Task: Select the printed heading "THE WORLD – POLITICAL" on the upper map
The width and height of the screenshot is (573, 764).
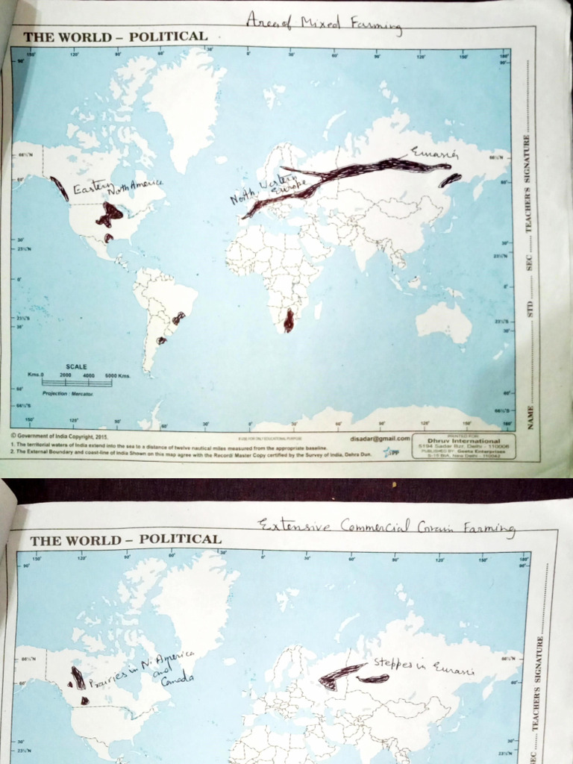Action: point(115,37)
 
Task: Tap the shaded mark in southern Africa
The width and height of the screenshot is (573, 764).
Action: point(289,320)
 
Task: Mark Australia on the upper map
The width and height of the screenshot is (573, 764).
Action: point(444,322)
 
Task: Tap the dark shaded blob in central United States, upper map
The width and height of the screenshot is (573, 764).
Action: point(109,215)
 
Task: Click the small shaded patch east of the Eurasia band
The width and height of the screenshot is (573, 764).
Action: point(450,180)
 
